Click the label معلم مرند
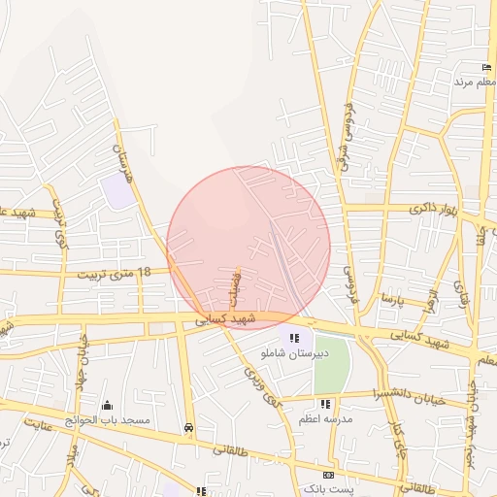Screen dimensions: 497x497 476,83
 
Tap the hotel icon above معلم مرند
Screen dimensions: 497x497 486,67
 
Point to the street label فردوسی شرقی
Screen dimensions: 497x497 347,136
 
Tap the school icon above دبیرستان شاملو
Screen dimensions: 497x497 294,338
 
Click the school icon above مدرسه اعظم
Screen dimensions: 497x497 325,403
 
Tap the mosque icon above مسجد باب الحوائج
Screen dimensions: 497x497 106,405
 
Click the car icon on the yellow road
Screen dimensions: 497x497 188,426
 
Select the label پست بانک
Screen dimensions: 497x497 327,489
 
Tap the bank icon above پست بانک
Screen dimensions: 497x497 328,475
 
